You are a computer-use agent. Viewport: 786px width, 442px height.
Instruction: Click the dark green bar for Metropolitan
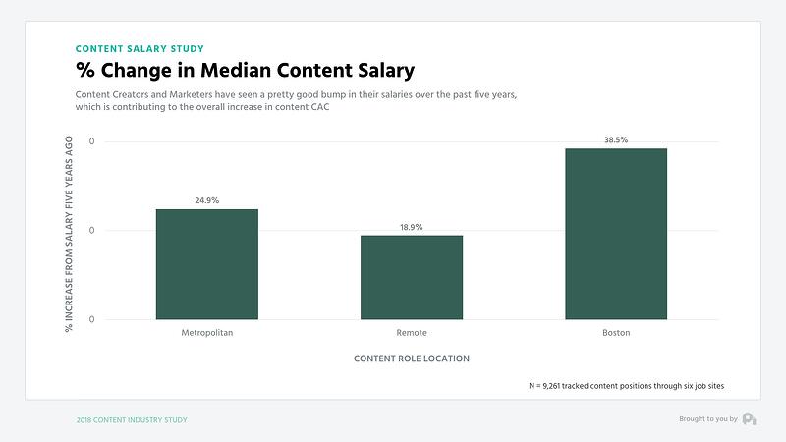click(x=206, y=264)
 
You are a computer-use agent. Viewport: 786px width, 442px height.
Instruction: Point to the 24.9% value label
click(x=206, y=200)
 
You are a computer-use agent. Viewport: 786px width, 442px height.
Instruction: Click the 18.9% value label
click(x=411, y=227)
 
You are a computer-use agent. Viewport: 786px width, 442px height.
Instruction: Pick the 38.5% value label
click(x=616, y=140)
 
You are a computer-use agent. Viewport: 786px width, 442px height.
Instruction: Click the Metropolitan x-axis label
click(x=206, y=333)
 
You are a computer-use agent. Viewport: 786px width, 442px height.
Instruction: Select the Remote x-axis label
click(x=411, y=333)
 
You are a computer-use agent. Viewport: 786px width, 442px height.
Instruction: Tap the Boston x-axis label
click(x=616, y=333)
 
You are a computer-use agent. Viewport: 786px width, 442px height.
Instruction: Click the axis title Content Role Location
click(x=411, y=359)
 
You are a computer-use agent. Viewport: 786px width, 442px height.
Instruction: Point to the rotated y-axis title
click(x=69, y=232)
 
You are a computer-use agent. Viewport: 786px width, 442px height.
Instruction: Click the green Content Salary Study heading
click(x=140, y=47)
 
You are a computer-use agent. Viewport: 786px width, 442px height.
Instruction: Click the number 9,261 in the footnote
click(x=560, y=386)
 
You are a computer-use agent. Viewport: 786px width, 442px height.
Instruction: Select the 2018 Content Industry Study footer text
click(x=132, y=419)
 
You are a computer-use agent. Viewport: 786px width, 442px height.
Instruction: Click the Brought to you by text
click(x=707, y=419)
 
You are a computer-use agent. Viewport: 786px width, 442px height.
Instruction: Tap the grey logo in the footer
click(x=749, y=419)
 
